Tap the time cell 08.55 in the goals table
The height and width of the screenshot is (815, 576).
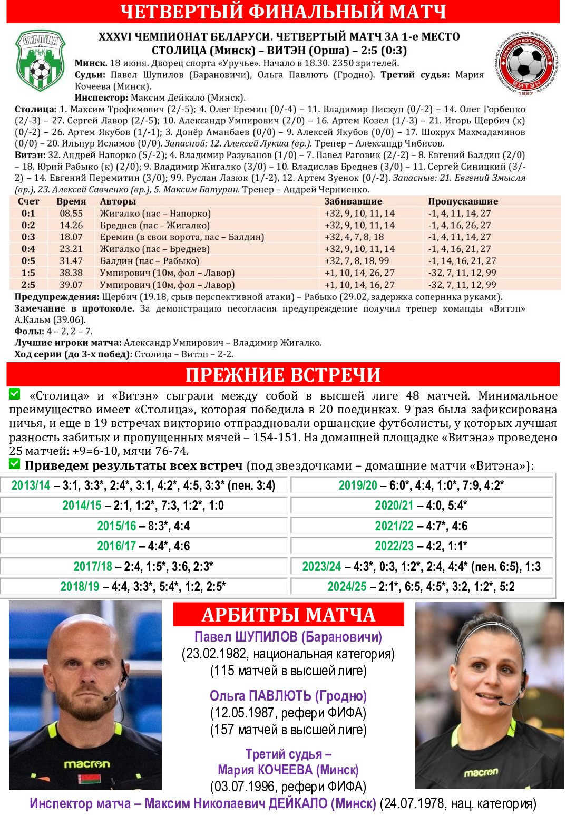pos(71,214)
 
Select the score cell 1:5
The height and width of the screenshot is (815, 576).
pos(28,273)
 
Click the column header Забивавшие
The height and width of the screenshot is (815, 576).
pos(353,201)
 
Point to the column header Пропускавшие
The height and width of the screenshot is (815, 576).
pos(463,201)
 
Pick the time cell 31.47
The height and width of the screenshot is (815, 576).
pos(71,261)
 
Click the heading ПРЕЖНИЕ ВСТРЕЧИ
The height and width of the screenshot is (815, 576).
pos(283,375)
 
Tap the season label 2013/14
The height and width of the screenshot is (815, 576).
pos(31,486)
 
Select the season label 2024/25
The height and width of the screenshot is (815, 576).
pos(347,587)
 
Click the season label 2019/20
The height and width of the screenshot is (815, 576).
pos(358,486)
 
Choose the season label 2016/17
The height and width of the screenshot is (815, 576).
pos(116,546)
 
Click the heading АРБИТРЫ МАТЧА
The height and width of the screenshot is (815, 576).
pos(288,615)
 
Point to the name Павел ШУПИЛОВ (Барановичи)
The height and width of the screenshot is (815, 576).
pos(288,637)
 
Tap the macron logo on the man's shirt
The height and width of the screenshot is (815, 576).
pos(87,764)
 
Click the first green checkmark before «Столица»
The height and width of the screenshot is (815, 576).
pos(14,394)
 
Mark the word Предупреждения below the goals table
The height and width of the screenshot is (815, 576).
pos(57,297)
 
